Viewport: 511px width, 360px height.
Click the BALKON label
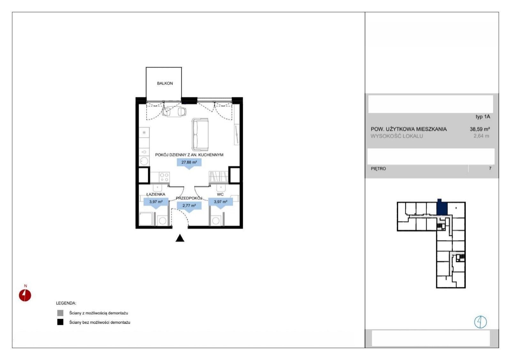[165, 83]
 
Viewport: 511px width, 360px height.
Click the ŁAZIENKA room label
[156, 194]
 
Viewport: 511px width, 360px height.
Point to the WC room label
[220, 194]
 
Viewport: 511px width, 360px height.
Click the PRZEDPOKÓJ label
[189, 198]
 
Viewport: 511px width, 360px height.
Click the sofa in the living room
[200, 134]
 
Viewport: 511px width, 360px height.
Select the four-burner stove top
[164, 177]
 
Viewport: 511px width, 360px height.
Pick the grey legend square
[60, 313]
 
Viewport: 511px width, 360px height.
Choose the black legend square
[60, 322]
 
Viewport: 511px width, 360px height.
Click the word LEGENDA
[66, 303]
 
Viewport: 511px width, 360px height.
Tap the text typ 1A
[483, 117]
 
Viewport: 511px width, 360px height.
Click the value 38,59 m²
[480, 129]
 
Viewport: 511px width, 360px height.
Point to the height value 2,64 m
[481, 136]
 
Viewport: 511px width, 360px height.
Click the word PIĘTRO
[378, 169]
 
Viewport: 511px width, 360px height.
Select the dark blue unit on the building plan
[442, 207]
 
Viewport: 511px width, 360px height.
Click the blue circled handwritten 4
[480, 322]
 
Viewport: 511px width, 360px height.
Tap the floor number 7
[490, 168]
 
